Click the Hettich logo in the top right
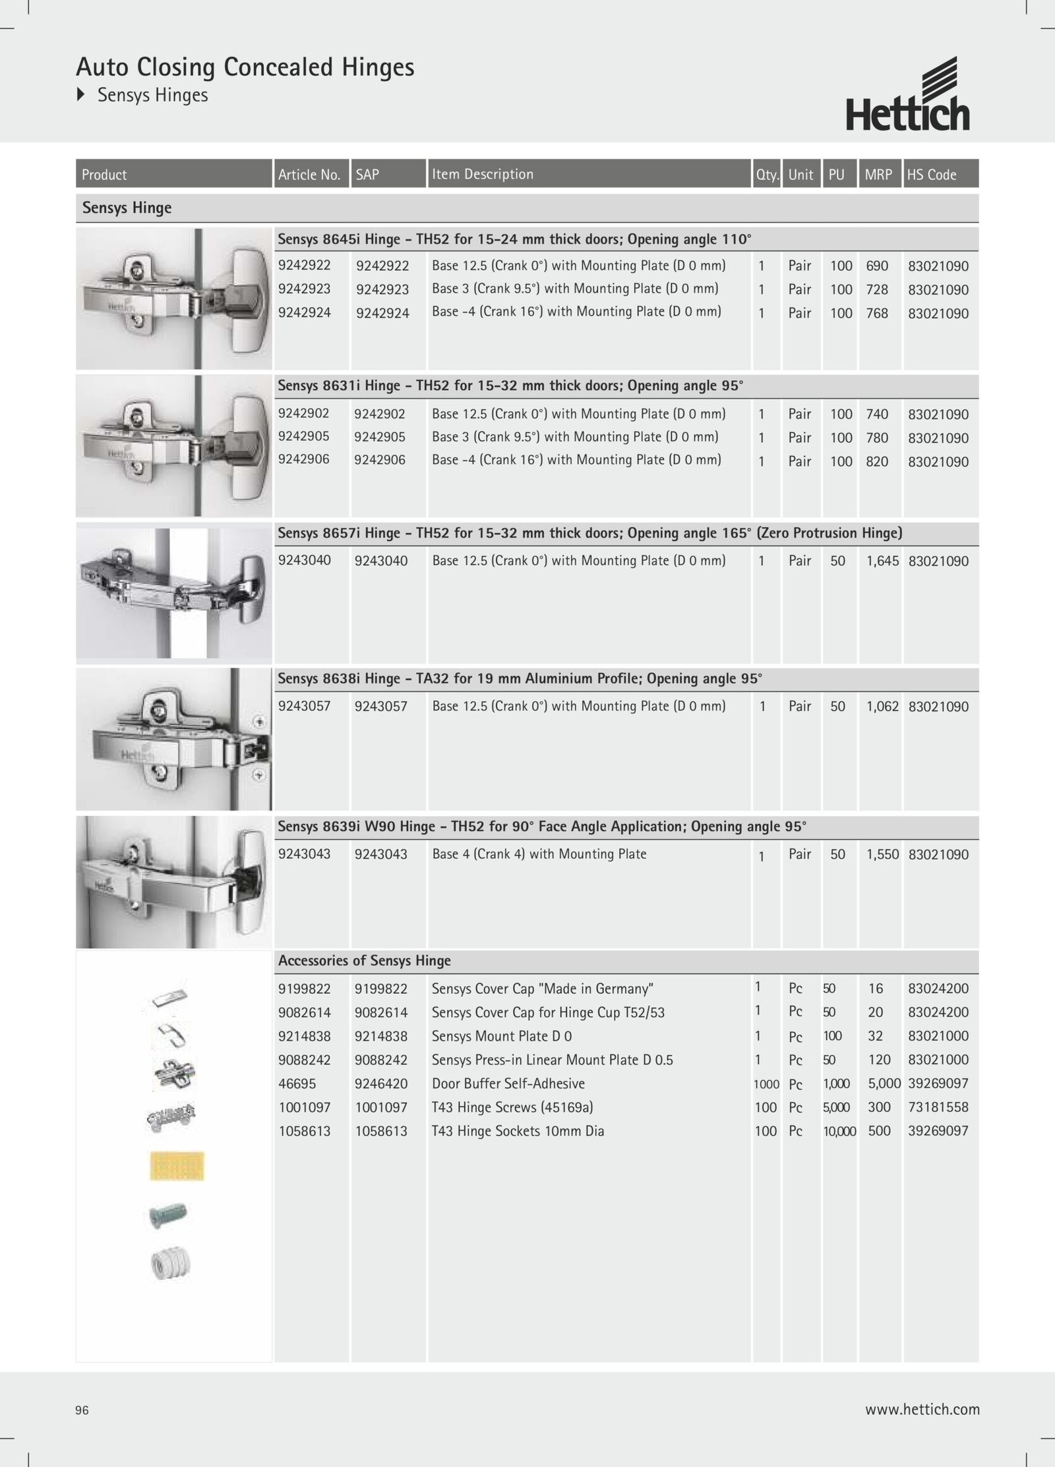click(x=908, y=95)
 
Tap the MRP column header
click(x=878, y=175)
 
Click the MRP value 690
click(x=877, y=266)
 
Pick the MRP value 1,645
click(x=882, y=561)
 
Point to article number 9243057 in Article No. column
click(x=304, y=706)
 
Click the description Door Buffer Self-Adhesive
click(x=508, y=1083)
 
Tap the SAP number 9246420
click(x=381, y=1083)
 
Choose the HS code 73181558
click(x=938, y=1107)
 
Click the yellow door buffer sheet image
click(x=177, y=1166)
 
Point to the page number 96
click(x=82, y=1410)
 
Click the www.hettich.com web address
click(x=922, y=1410)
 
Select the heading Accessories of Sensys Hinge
click(x=365, y=961)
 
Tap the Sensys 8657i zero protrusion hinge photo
click(x=174, y=592)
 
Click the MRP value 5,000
click(x=884, y=1083)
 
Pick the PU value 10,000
click(x=839, y=1132)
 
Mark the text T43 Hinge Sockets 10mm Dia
click(x=518, y=1131)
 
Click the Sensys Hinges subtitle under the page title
click(x=152, y=96)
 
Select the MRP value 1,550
click(x=882, y=855)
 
